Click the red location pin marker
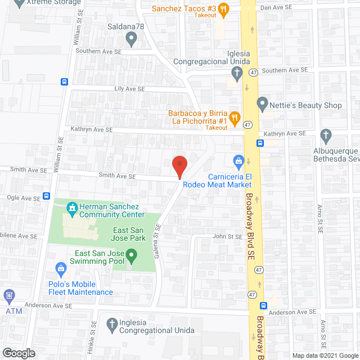[x=179, y=165]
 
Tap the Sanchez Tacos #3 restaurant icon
[x=223, y=8]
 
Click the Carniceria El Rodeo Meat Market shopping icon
[x=238, y=161]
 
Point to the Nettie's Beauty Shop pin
[x=262, y=105]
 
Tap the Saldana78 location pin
[x=132, y=39]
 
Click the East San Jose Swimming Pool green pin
[x=132, y=258]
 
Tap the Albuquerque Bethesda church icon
[x=325, y=135]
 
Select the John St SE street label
[x=227, y=237]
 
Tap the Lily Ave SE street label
[x=129, y=89]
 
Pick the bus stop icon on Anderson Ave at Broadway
[x=263, y=305]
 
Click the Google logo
[x=18, y=353]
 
